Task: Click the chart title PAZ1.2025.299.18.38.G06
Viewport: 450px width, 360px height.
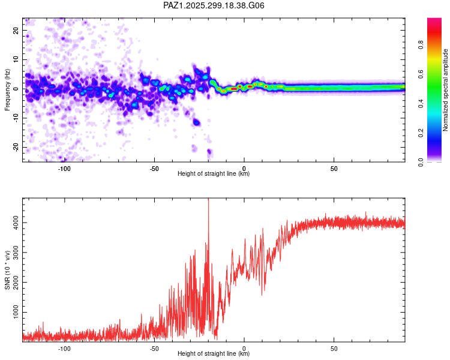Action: pyautogui.click(x=214, y=6)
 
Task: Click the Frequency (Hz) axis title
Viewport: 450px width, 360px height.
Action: pyautogui.click(x=8, y=89)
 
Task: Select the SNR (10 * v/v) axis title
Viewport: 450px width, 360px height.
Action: pyautogui.click(x=8, y=269)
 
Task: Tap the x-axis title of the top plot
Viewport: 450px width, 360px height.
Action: pyautogui.click(x=214, y=174)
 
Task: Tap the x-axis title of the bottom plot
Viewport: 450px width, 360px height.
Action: pyautogui.click(x=214, y=354)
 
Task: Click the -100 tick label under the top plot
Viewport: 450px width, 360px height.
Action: pyautogui.click(x=64, y=169)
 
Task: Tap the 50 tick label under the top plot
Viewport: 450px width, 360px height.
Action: pyautogui.click(x=334, y=169)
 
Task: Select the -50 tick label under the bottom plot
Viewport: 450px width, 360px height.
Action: pyautogui.click(x=154, y=349)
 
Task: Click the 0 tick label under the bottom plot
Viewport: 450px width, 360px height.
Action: pyautogui.click(x=244, y=349)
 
